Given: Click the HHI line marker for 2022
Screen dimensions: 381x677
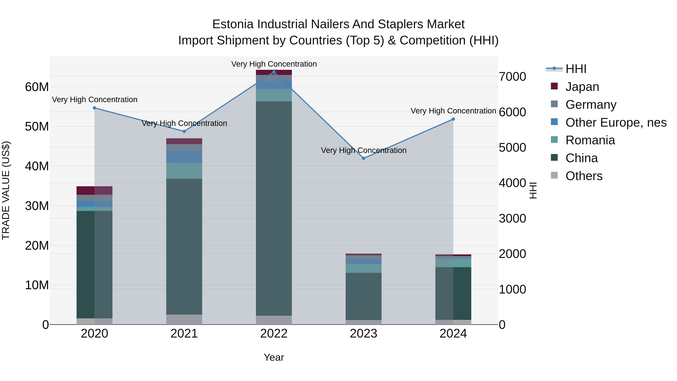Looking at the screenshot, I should (x=274, y=72).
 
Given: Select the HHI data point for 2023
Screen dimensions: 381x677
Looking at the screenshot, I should (x=364, y=158).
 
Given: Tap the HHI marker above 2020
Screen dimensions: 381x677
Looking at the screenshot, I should (x=94, y=108).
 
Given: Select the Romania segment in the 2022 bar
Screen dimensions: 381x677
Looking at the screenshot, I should (x=274, y=95).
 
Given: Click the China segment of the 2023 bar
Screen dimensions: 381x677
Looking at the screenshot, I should (x=364, y=296).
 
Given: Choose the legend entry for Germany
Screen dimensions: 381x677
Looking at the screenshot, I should (x=590, y=105).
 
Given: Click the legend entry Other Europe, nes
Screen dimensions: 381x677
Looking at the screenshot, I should (x=616, y=122).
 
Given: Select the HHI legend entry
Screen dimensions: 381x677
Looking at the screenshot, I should (x=576, y=69).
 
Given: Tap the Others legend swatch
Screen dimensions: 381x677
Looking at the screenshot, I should (x=554, y=175).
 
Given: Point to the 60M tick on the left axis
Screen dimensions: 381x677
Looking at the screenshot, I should (x=37, y=87).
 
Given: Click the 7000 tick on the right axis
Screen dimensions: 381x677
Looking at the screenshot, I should (x=512, y=77).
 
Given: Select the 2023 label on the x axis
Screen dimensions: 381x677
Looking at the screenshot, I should (x=364, y=334).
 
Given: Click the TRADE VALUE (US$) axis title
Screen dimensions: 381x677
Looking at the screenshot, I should (x=6, y=190).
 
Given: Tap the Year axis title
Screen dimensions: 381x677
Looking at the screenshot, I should (x=274, y=357).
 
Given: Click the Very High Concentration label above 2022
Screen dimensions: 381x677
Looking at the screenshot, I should (x=274, y=64).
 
